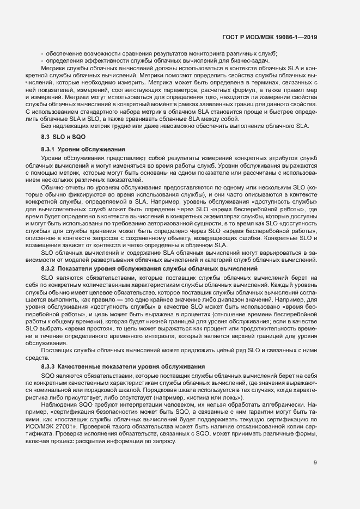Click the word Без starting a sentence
point(46,126)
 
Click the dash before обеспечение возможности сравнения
point(42,53)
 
